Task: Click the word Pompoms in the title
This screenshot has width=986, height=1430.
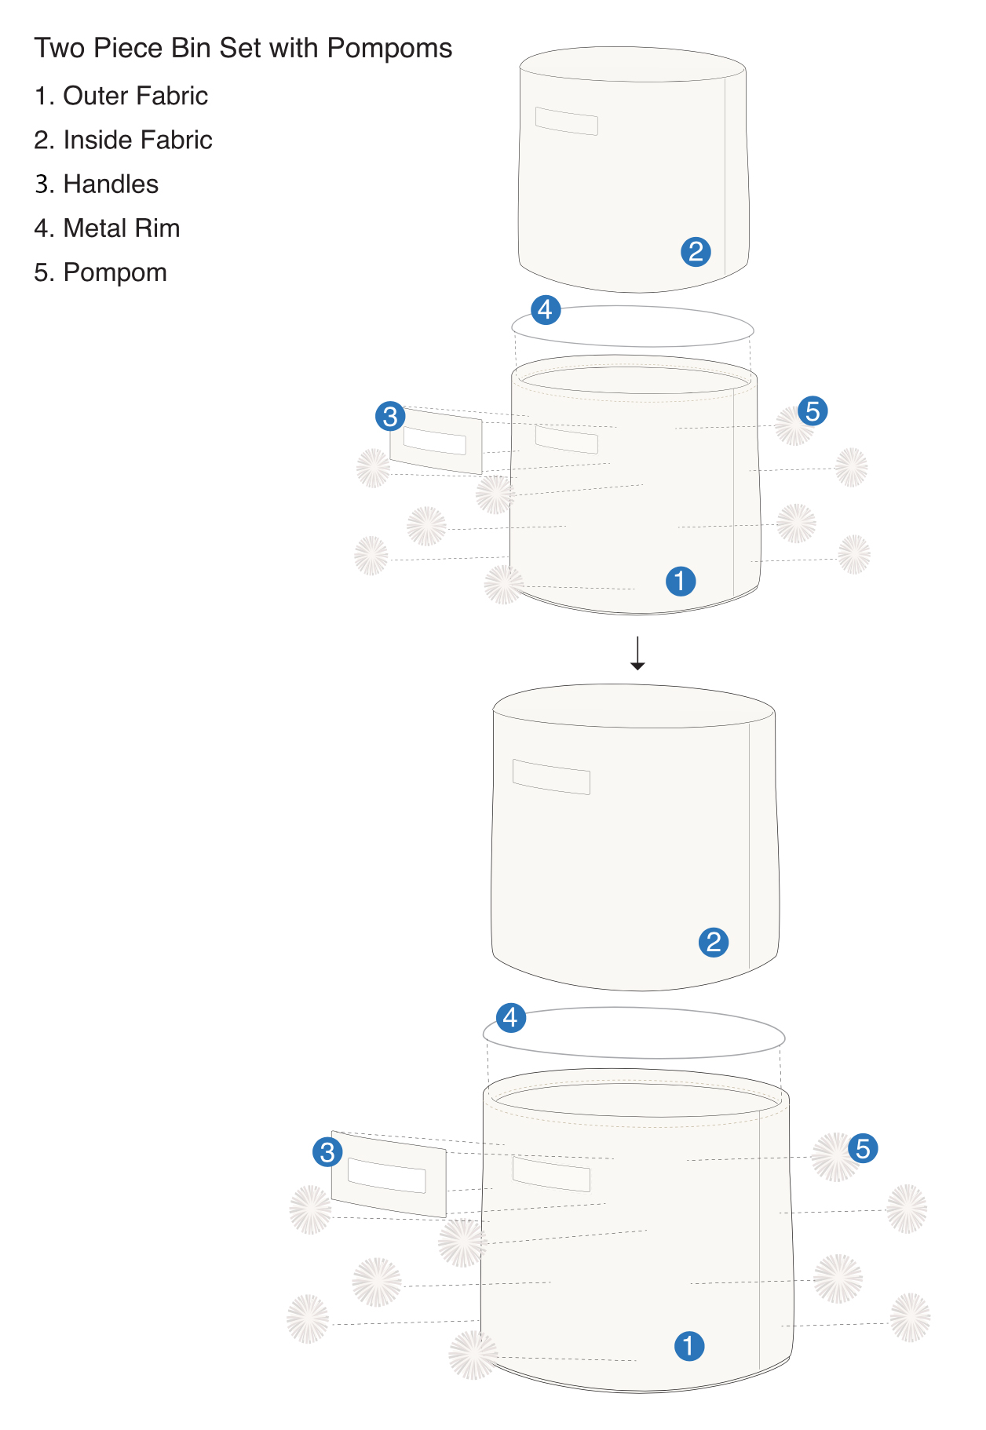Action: [389, 49]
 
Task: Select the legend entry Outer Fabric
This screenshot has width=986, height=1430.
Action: [122, 96]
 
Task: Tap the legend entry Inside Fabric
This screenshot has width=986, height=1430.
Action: [123, 140]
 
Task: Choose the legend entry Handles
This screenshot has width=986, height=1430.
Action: [97, 184]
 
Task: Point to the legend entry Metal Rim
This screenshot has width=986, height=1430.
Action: [108, 228]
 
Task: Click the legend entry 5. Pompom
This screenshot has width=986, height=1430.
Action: [100, 272]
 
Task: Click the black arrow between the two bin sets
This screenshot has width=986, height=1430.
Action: [637, 653]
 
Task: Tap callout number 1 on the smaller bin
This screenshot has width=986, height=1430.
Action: [681, 581]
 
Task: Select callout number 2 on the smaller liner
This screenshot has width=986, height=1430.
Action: [696, 252]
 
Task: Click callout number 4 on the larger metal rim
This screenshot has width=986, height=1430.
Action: [511, 1017]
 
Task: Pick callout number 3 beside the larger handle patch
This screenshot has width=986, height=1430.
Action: [327, 1151]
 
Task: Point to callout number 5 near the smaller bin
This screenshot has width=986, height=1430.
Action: [813, 410]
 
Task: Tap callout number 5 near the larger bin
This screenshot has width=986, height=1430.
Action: [863, 1148]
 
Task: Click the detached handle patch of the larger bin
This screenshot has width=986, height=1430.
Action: [389, 1175]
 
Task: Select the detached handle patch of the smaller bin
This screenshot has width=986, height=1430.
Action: [436, 443]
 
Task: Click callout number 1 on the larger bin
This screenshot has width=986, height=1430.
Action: [689, 1345]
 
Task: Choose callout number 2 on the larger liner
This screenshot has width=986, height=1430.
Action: [714, 942]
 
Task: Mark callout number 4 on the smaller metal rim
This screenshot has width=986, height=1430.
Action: [546, 309]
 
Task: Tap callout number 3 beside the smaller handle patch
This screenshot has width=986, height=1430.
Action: [390, 416]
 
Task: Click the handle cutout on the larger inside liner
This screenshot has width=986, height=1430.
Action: [551, 777]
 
